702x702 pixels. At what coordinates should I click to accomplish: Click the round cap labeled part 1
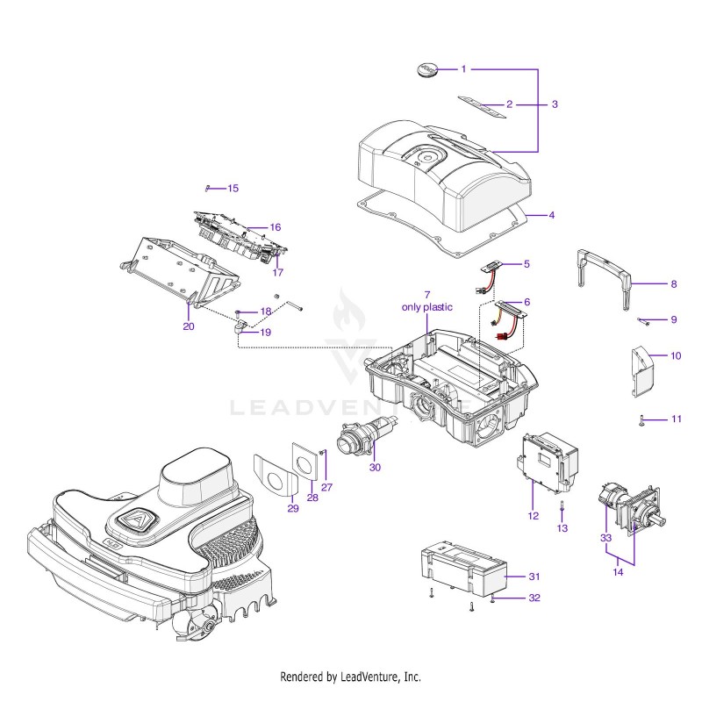tap(426, 70)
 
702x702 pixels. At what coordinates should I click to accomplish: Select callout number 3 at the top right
tap(555, 104)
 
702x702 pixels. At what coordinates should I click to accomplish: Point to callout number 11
tap(677, 419)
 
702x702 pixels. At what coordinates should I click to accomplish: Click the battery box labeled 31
tap(464, 567)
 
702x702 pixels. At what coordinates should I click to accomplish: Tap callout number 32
tap(534, 598)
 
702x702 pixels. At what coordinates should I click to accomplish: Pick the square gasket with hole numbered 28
tap(305, 462)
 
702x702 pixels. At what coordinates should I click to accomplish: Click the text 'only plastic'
tap(427, 307)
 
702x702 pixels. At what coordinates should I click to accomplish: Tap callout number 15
tap(233, 188)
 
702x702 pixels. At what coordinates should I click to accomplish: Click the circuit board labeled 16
tap(240, 236)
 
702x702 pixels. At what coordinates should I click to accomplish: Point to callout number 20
tap(189, 326)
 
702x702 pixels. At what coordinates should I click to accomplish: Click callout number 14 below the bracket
tap(618, 572)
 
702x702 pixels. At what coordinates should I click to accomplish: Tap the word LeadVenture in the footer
tap(369, 676)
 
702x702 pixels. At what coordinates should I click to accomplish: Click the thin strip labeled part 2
tap(482, 106)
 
